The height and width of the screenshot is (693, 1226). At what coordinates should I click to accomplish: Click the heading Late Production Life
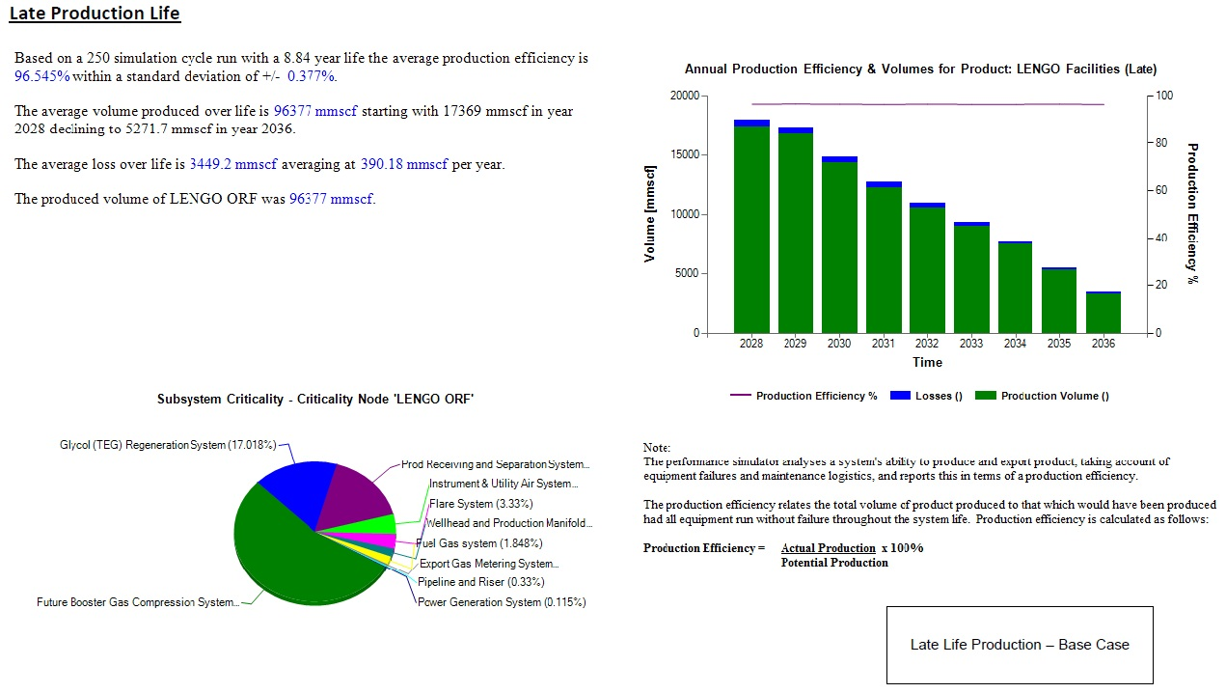[95, 14]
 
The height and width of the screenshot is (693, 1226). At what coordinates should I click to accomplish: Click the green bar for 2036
[1103, 313]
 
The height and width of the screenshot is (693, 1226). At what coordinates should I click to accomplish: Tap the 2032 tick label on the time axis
[927, 344]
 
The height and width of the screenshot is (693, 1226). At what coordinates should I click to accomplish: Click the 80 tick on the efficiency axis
[1162, 143]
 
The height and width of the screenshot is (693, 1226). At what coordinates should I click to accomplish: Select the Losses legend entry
[926, 396]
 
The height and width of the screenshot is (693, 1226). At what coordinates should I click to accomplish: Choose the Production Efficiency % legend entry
[804, 396]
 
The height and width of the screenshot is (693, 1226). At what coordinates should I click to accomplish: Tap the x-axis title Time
[927, 363]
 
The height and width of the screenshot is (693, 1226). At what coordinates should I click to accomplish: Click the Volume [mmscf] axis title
[650, 214]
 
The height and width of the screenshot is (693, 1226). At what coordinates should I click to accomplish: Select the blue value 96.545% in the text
[41, 76]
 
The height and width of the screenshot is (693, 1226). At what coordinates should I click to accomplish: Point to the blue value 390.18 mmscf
[404, 164]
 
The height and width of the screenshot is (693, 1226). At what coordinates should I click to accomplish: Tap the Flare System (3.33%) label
[480, 504]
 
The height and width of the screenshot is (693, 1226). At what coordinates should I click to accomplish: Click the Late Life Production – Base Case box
[1020, 645]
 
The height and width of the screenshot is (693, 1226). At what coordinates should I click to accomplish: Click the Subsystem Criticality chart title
[315, 399]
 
